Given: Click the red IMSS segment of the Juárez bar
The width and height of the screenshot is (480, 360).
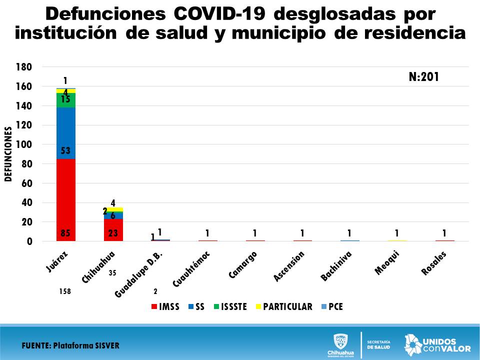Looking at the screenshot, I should (65, 200).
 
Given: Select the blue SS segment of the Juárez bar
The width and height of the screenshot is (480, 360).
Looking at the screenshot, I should (65, 132).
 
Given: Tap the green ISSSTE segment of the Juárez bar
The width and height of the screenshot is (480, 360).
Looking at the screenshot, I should (65, 100).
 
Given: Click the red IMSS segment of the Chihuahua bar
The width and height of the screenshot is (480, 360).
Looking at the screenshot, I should (113, 230).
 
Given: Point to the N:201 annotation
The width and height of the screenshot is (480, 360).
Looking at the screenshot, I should (423, 77).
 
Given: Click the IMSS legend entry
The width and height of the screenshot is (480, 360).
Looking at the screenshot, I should (165, 306).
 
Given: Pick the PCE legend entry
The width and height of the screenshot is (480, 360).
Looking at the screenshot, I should (332, 306).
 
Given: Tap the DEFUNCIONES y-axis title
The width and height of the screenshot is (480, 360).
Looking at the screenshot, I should (8, 154).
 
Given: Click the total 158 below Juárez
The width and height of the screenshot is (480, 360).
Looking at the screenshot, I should (65, 290).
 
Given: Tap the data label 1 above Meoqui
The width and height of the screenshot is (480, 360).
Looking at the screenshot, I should (397, 233).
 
